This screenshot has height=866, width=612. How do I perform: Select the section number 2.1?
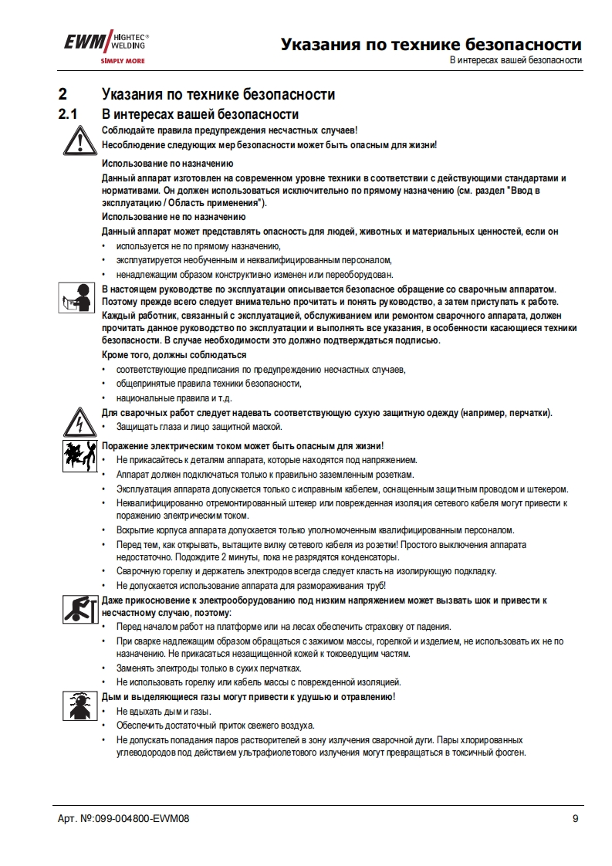[x=69, y=114]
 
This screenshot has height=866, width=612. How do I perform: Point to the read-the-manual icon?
[x=75, y=298]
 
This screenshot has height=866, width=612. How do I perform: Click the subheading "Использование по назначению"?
[x=168, y=164]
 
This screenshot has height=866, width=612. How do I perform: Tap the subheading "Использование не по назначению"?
[x=174, y=217]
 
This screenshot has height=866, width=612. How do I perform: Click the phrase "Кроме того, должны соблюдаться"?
[x=174, y=355]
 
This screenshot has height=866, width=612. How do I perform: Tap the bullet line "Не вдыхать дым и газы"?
[x=164, y=712]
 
